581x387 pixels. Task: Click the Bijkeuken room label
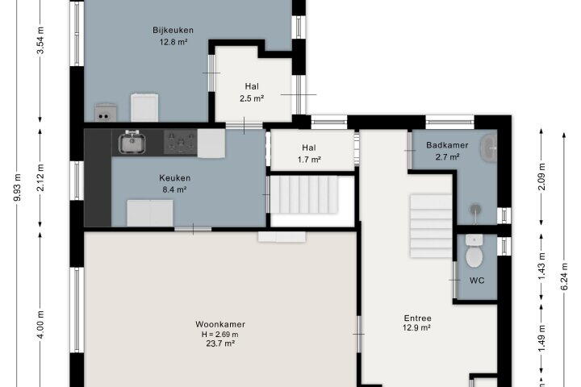pyautogui.click(x=173, y=30)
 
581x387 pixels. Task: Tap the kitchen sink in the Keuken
pyautogui.click(x=132, y=142)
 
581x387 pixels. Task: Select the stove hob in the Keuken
pyautogui.click(x=181, y=142)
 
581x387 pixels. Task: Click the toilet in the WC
pyautogui.click(x=474, y=251)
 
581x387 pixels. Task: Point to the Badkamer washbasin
pyautogui.click(x=489, y=148)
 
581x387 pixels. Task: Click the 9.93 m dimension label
pyautogui.click(x=18, y=187)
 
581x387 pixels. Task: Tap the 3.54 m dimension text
pyautogui.click(x=40, y=40)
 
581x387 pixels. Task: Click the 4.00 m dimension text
pyautogui.click(x=40, y=324)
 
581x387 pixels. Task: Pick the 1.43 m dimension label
pyautogui.click(x=541, y=266)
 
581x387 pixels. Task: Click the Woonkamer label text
pyautogui.click(x=220, y=324)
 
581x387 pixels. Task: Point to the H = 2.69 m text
pyautogui.click(x=220, y=335)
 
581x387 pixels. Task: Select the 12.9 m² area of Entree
pyautogui.click(x=416, y=328)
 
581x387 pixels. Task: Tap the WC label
pyautogui.click(x=477, y=281)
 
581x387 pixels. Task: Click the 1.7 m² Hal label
pyautogui.click(x=309, y=160)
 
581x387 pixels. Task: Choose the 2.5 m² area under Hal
pyautogui.click(x=252, y=98)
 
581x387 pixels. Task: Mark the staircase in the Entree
pyautogui.click(x=431, y=226)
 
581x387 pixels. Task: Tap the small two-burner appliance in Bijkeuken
pyautogui.click(x=105, y=113)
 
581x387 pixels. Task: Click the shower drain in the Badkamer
pyautogui.click(x=475, y=210)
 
